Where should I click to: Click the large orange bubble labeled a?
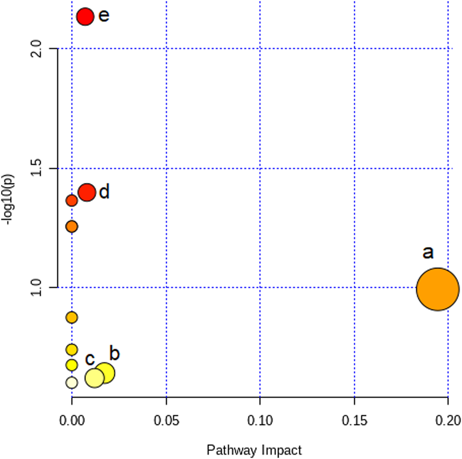tap(437, 289)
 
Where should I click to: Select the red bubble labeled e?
tap(85, 16)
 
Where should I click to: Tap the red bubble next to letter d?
tap(87, 192)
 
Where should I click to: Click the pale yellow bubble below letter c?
tap(94, 378)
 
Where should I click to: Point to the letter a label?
tap(428, 252)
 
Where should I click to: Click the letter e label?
tap(104, 16)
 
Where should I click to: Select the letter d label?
tap(104, 192)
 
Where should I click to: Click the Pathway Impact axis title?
tap(254, 450)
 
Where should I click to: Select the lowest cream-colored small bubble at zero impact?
tap(71, 382)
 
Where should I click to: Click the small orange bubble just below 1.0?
tap(71, 318)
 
